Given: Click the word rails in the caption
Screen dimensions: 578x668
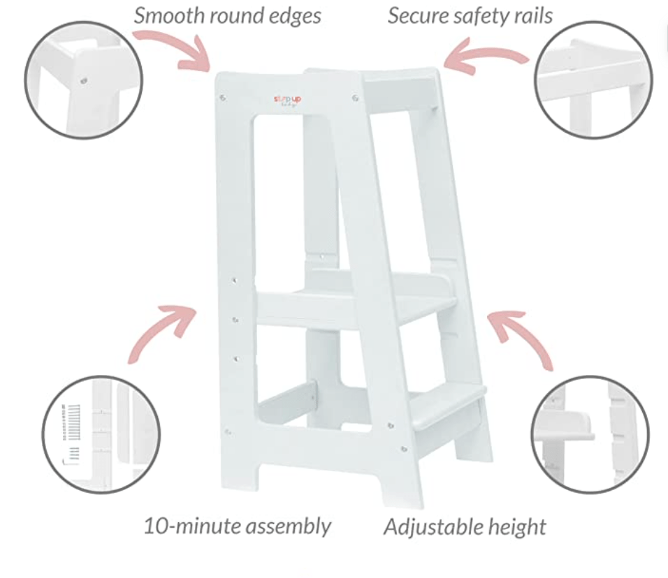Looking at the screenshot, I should tap(532, 15).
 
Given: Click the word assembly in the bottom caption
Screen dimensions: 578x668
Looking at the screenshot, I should tap(293, 526).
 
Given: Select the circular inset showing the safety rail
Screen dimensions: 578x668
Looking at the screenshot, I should tap(593, 79).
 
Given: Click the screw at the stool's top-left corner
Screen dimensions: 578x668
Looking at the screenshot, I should tap(223, 98).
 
